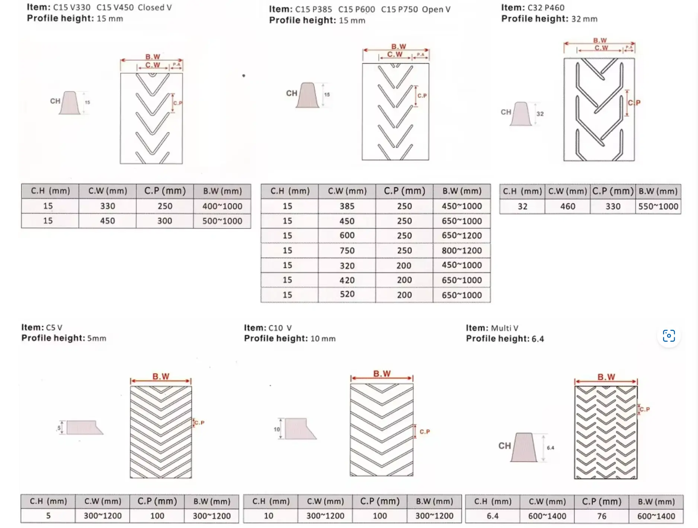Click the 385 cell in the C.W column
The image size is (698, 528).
pos(347,206)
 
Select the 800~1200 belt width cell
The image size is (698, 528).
pos(462,251)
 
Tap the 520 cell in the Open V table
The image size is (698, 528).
pos(347,294)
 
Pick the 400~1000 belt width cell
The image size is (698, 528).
pos(222,206)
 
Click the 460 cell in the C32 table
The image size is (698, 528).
pos(568,206)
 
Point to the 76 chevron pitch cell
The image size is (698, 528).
pos(602,516)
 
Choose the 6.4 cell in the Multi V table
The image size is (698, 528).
pos(493,516)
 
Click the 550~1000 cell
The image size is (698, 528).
pos(658,206)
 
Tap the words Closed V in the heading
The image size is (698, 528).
pos(155,7)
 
